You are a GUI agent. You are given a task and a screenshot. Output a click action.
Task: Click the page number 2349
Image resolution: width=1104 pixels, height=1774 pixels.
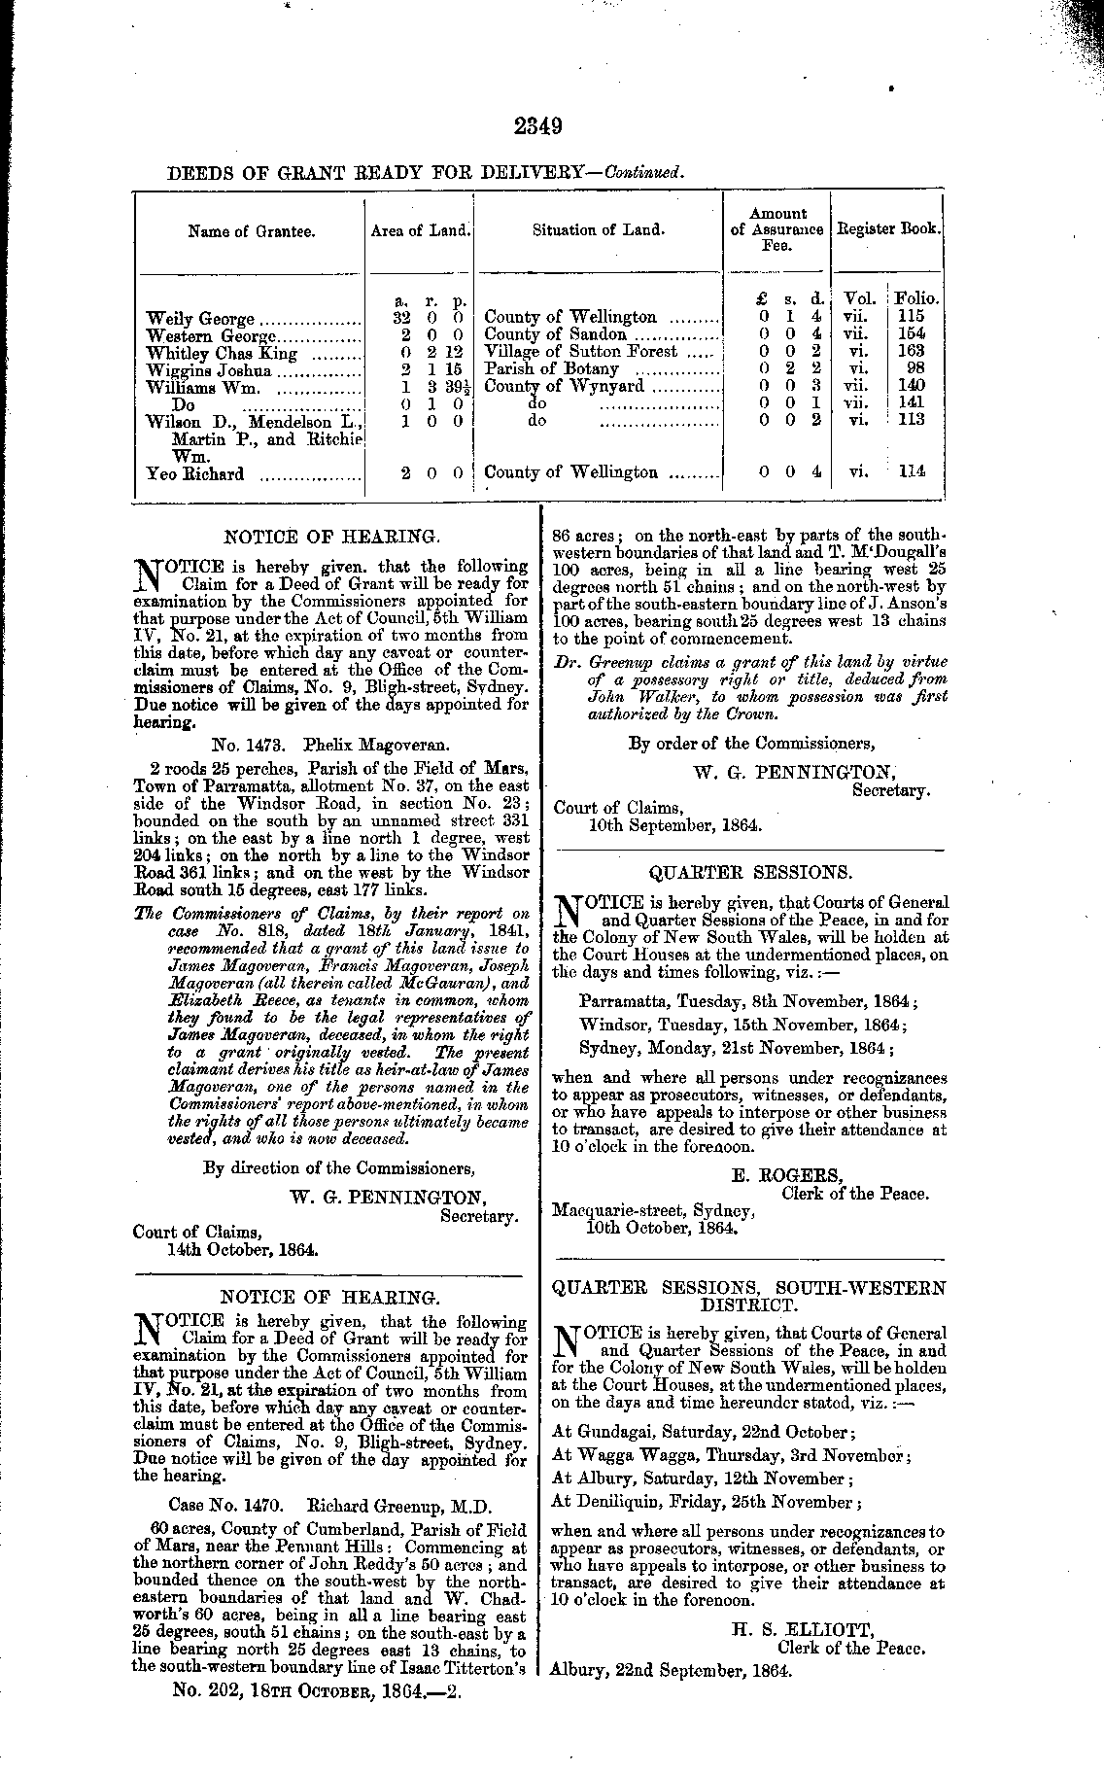click(539, 126)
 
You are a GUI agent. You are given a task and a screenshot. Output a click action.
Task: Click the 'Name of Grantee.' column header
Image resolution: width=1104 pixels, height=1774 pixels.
click(252, 231)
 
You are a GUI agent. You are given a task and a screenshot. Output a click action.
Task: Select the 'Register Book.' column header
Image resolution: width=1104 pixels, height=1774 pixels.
click(888, 229)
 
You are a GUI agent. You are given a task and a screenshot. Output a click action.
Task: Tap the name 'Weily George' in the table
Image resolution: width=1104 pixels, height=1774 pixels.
click(200, 318)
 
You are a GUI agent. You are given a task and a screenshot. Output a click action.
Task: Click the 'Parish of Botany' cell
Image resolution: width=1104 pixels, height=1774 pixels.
click(551, 368)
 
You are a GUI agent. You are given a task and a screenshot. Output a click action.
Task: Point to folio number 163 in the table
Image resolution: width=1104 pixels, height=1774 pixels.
click(912, 351)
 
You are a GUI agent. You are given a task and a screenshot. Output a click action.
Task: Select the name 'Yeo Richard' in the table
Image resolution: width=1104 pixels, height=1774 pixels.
click(194, 473)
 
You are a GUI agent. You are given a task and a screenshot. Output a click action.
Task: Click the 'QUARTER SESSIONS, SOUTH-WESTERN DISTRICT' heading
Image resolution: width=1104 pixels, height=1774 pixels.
click(747, 1296)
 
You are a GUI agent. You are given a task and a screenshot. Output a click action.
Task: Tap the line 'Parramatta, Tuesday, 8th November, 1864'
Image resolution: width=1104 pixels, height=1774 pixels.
click(747, 1000)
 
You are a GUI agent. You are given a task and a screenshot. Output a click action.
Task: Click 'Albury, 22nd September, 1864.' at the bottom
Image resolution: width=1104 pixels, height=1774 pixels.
click(671, 1672)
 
